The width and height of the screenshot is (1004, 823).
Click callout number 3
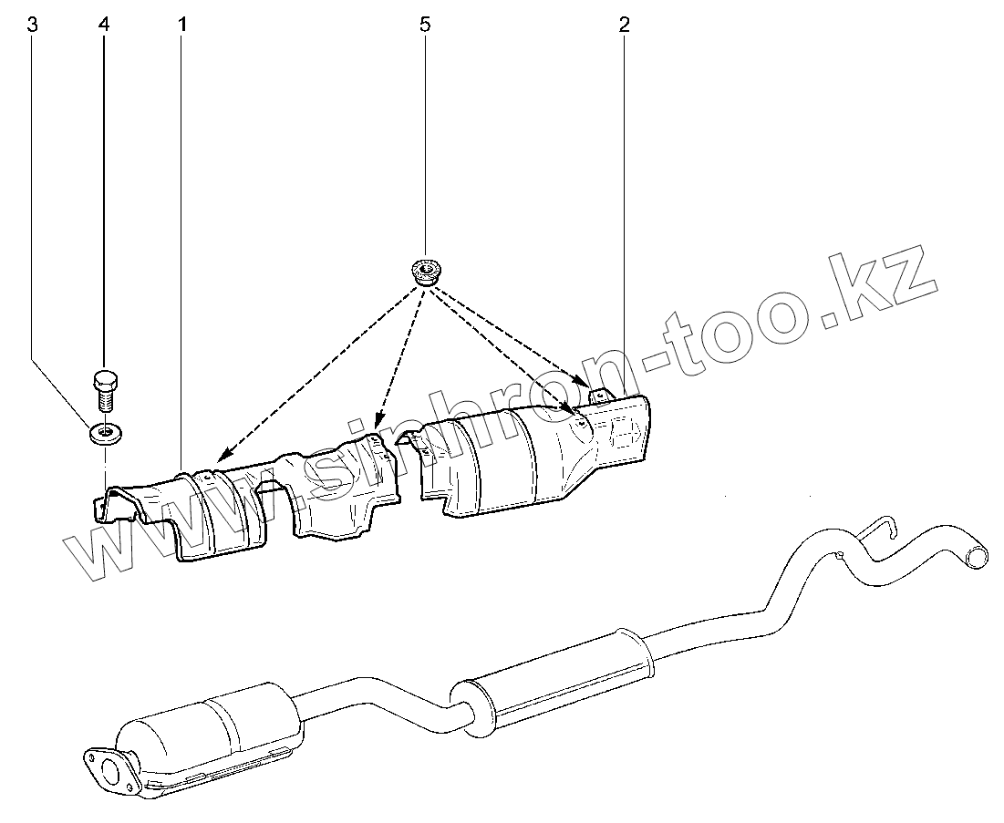coord(33,25)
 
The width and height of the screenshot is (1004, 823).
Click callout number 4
coord(102,25)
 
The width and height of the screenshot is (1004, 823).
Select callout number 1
coord(182,25)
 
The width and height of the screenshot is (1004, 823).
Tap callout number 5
coord(425,25)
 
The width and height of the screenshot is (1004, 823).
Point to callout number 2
coord(624,25)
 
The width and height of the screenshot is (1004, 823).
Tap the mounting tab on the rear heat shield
coord(600,395)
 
